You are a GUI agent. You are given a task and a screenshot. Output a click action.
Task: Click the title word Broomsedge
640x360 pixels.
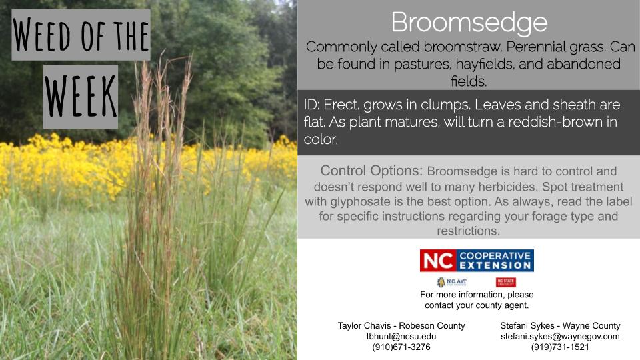(x=469, y=23)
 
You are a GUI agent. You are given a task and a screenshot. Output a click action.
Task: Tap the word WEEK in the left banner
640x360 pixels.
(x=81, y=96)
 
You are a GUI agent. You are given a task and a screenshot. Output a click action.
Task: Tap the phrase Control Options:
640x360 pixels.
(x=371, y=171)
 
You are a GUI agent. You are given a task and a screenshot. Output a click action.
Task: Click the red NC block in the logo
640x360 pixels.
(x=437, y=261)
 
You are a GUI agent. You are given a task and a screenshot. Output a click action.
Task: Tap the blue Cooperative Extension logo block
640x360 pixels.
(x=495, y=261)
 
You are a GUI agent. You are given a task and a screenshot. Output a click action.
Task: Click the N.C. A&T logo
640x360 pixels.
(x=451, y=282)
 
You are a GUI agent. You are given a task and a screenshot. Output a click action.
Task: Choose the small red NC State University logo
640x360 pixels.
(x=506, y=282)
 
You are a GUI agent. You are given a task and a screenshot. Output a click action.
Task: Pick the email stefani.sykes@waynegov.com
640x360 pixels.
(x=560, y=336)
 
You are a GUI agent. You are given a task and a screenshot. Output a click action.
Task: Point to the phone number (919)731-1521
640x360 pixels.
(x=560, y=347)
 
